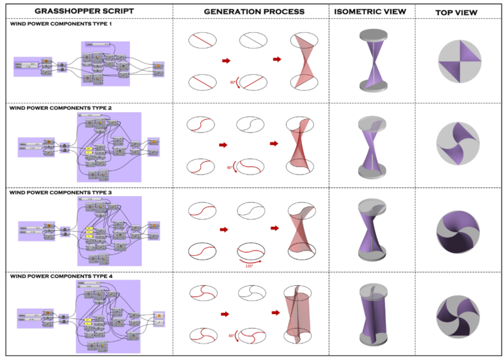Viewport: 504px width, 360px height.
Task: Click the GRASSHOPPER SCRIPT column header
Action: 85,12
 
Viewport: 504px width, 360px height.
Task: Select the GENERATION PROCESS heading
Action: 253,12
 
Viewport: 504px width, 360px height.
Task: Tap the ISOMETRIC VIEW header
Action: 370,12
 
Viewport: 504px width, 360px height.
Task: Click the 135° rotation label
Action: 249,266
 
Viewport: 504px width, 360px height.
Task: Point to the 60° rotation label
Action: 232,336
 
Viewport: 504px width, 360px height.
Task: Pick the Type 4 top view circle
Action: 457,313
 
